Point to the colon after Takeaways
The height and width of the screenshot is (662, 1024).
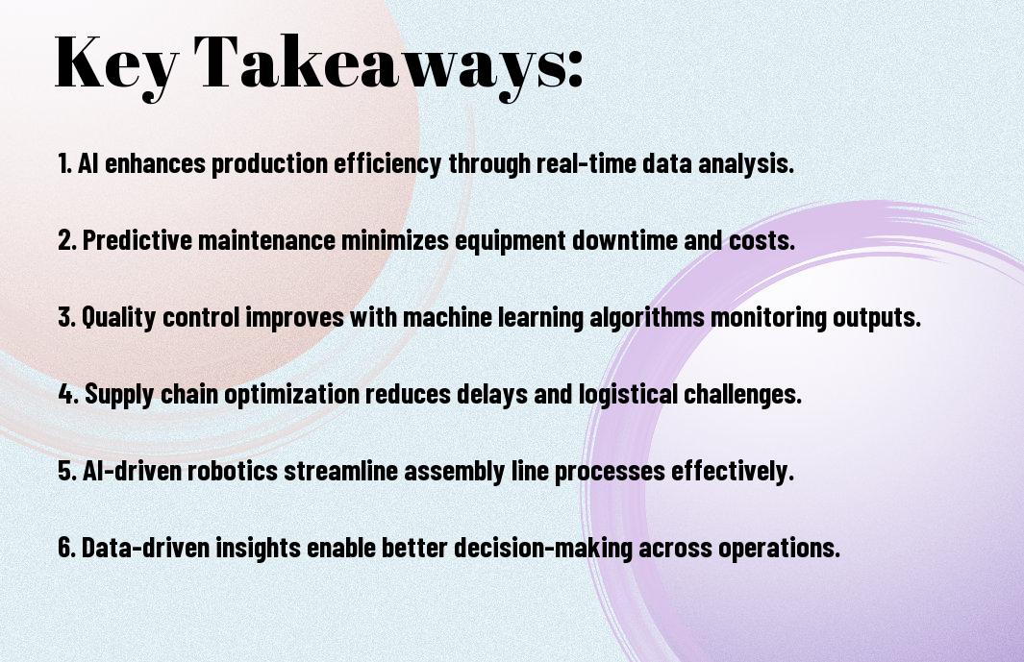pos(575,67)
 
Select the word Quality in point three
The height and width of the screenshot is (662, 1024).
pos(119,317)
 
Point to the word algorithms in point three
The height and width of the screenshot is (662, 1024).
pos(646,317)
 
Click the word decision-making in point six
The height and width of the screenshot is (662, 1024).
pos(543,548)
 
